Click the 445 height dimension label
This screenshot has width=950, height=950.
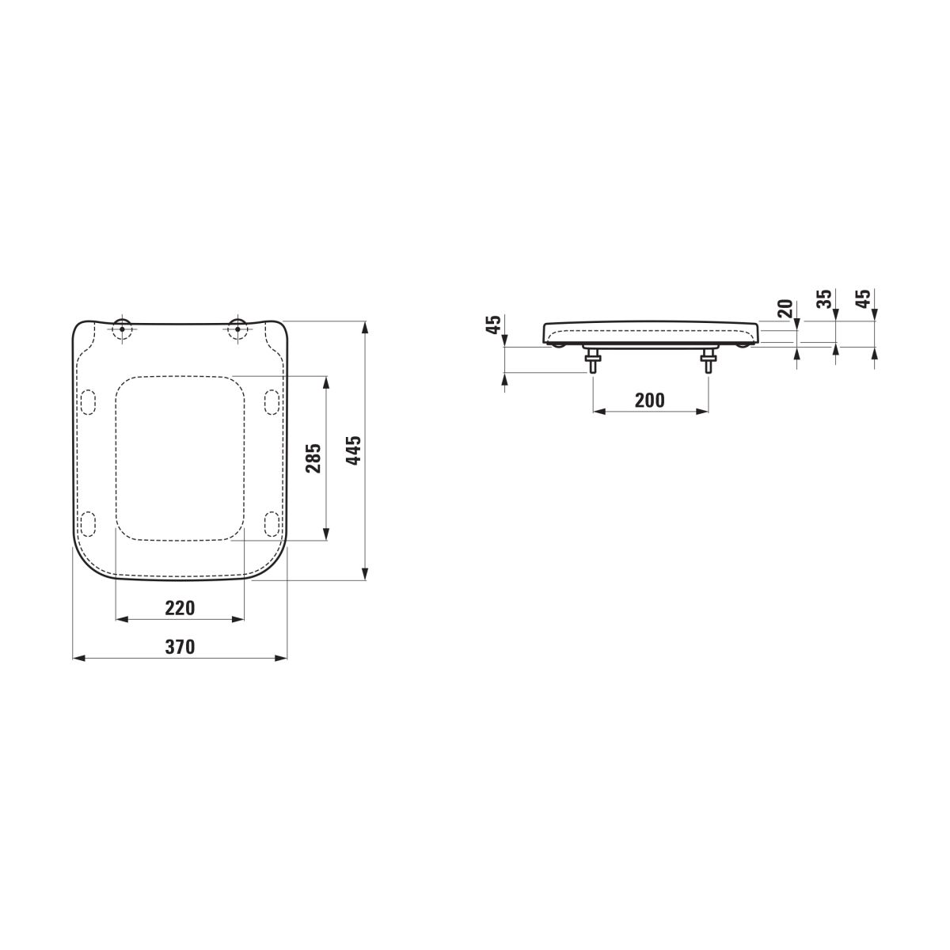point(353,450)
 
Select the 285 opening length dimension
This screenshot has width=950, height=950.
point(313,458)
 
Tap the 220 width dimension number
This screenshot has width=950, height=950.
point(180,608)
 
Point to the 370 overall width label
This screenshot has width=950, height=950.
point(180,646)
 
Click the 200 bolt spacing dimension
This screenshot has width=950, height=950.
point(650,401)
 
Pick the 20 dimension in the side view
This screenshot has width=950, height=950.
point(785,308)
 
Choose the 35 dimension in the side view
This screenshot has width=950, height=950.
point(824,299)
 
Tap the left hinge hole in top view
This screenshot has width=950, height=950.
point(122,329)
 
